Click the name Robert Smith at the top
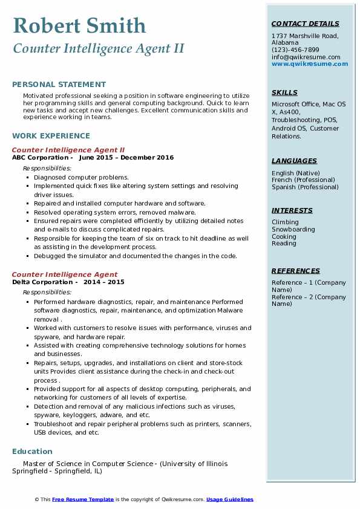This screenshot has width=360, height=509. [79, 25]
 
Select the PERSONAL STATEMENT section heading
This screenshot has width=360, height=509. [59, 85]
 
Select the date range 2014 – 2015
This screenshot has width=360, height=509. [103, 282]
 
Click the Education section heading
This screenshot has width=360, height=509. [32, 452]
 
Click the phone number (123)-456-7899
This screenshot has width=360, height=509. [295, 50]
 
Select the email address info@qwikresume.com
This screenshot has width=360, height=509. [306, 57]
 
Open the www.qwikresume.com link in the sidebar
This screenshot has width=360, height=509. [310, 64]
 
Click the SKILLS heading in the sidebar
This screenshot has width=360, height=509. [284, 92]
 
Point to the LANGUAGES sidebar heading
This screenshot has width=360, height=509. [294, 161]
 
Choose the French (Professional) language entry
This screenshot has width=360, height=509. [303, 180]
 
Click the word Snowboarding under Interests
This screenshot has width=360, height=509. [293, 230]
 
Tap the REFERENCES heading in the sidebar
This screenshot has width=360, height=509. [295, 271]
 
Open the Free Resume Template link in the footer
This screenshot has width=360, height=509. [83, 499]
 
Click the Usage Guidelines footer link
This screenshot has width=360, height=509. [230, 499]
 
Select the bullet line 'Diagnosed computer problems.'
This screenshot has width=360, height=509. [81, 177]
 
